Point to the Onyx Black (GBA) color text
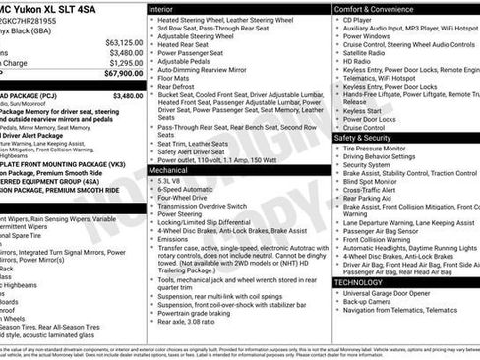(30, 30)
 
